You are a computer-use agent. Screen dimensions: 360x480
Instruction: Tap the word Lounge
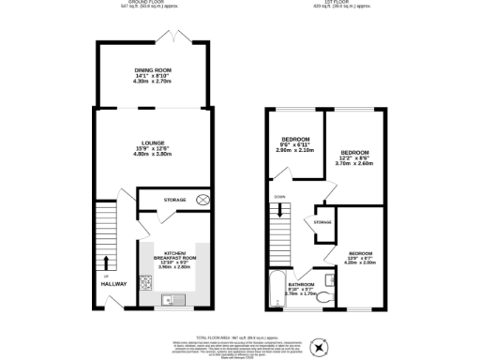(x=151, y=142)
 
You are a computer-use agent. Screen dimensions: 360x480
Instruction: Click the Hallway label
(x=113, y=283)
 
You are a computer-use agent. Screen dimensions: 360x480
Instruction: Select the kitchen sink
(x=170, y=300)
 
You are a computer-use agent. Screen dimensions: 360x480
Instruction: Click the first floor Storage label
(x=322, y=222)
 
